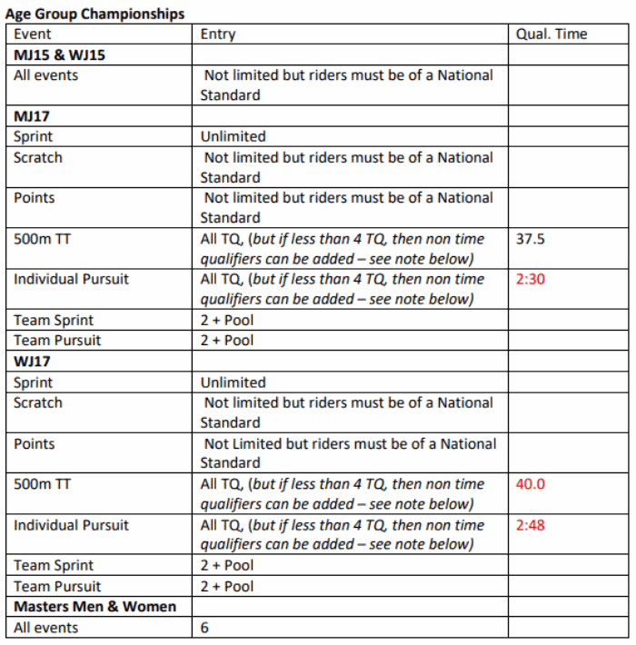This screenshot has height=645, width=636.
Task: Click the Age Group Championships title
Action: click(95, 14)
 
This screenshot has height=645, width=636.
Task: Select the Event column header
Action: click(33, 35)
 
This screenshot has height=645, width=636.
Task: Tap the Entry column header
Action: click(218, 35)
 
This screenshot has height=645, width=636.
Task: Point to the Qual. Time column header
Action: click(552, 35)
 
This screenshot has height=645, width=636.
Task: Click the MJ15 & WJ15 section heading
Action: click(59, 55)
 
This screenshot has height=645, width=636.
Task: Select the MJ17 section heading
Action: click(32, 116)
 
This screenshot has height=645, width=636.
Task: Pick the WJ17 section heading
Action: click(33, 362)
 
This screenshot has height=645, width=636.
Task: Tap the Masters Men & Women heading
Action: click(94, 607)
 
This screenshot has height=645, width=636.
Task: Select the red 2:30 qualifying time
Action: click(530, 280)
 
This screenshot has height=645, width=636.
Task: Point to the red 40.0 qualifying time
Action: click(531, 484)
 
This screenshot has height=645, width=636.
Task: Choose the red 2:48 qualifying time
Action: click(530, 525)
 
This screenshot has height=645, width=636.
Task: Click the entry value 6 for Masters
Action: click(205, 628)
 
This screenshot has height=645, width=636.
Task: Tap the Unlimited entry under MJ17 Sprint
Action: click(234, 137)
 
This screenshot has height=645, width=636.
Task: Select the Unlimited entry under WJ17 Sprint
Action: click(234, 382)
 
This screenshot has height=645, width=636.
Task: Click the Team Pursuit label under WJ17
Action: click(57, 587)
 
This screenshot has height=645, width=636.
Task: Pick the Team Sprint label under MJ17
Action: click(54, 321)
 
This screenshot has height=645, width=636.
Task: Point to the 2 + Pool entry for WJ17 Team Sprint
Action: click(227, 566)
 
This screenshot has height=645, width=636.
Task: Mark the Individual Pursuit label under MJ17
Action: click(71, 280)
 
